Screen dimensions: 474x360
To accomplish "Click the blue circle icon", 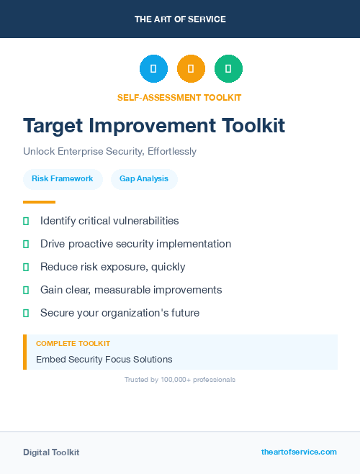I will coord(153,68).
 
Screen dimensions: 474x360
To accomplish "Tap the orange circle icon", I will coord(191,68).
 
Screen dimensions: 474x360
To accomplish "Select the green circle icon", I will coord(228,68).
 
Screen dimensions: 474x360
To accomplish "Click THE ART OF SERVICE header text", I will coord(180,19).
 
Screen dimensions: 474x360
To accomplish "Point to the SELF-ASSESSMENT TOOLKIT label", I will coord(179,97).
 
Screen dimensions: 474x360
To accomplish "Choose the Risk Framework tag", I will coord(63,178).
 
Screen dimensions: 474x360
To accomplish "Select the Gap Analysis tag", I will coord(144,178).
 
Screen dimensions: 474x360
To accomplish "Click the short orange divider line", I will coord(39,202).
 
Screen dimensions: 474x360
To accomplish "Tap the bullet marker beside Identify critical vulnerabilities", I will coord(26,221).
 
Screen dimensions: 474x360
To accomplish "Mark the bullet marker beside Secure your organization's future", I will coord(26,313).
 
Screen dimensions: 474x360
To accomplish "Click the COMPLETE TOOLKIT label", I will coord(73,344).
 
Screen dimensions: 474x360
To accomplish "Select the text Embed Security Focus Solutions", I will coord(104,359).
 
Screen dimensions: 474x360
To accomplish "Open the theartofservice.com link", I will coord(299,452).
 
